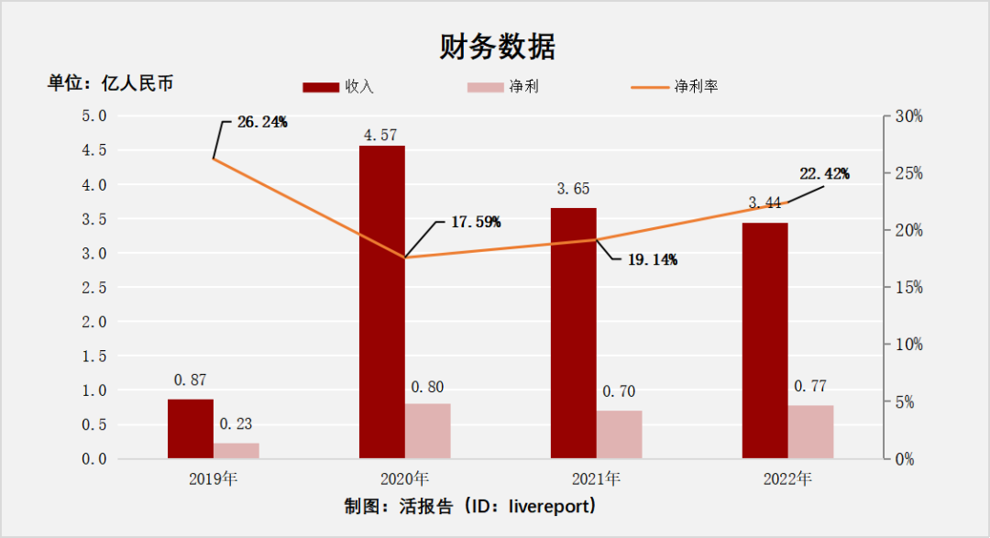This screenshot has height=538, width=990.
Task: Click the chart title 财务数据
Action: pos(496,47)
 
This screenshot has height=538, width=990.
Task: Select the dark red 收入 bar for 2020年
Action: pos(381,302)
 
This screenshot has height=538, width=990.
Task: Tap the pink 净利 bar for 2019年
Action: pos(236,450)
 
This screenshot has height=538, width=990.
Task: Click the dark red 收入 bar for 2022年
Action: pos(764,340)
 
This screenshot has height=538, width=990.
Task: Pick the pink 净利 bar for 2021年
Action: pos(620,434)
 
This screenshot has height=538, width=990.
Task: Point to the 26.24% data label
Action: pos(262,122)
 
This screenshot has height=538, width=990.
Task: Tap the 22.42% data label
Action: pos(824,173)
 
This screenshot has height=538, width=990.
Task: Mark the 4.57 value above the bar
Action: pos(380,135)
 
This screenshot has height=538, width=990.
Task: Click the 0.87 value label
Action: pos(191,379)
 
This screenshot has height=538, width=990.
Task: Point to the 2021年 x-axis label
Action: pos(596,478)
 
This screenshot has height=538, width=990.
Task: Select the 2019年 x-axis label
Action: pos(213,478)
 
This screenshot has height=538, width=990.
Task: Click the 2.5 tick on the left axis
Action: pos(94,288)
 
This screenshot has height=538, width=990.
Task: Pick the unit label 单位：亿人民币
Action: pos(111,83)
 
